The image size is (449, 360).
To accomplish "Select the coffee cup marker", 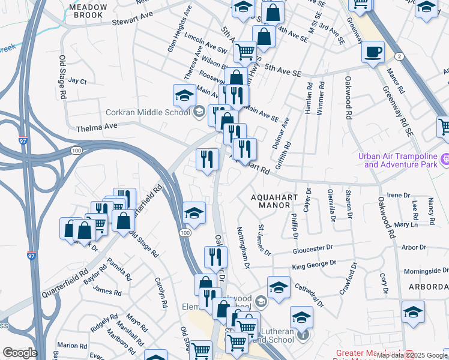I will (373, 52).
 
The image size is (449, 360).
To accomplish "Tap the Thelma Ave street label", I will (95, 128).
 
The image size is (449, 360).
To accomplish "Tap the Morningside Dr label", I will (426, 271).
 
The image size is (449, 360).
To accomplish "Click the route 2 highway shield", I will (399, 56).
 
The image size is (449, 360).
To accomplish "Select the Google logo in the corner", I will (19, 353).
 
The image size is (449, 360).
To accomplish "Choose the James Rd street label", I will (108, 290).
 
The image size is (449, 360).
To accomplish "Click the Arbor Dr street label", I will (413, 247).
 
